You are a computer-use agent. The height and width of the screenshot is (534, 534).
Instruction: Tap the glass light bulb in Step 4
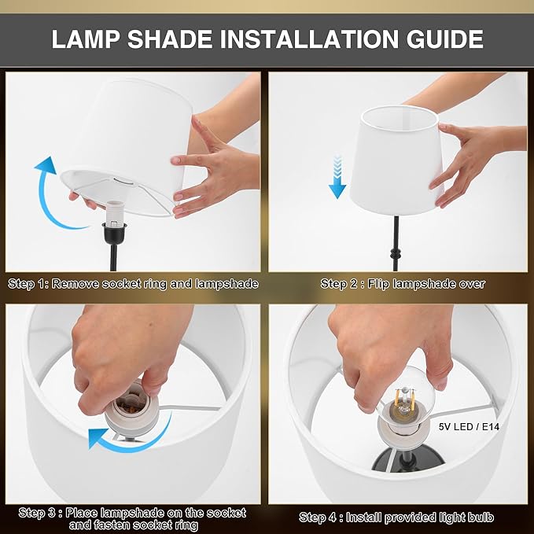click(403, 402)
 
